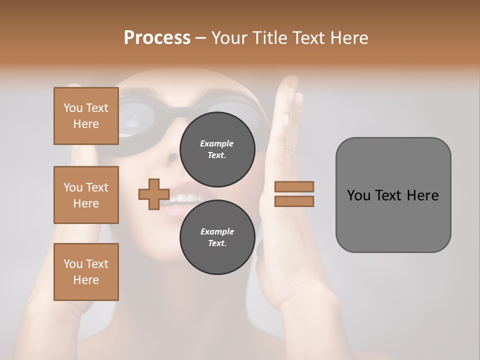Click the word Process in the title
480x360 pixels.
pyautogui.click(x=157, y=38)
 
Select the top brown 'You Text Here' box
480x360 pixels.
pyautogui.click(x=86, y=116)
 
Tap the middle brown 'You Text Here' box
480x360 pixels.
pyautogui.click(x=86, y=195)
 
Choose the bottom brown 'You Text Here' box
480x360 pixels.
pyautogui.click(x=86, y=272)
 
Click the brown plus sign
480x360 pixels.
pyautogui.click(x=153, y=194)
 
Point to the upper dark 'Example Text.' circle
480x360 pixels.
pyautogui.click(x=217, y=149)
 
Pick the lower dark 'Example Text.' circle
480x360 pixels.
pyautogui.click(x=217, y=237)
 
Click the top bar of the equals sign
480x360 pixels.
pyautogui.click(x=294, y=186)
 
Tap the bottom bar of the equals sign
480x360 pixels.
pyautogui.click(x=294, y=201)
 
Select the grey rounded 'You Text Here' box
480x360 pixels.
pyautogui.click(x=393, y=195)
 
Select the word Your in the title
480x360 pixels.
pyautogui.click(x=229, y=38)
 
